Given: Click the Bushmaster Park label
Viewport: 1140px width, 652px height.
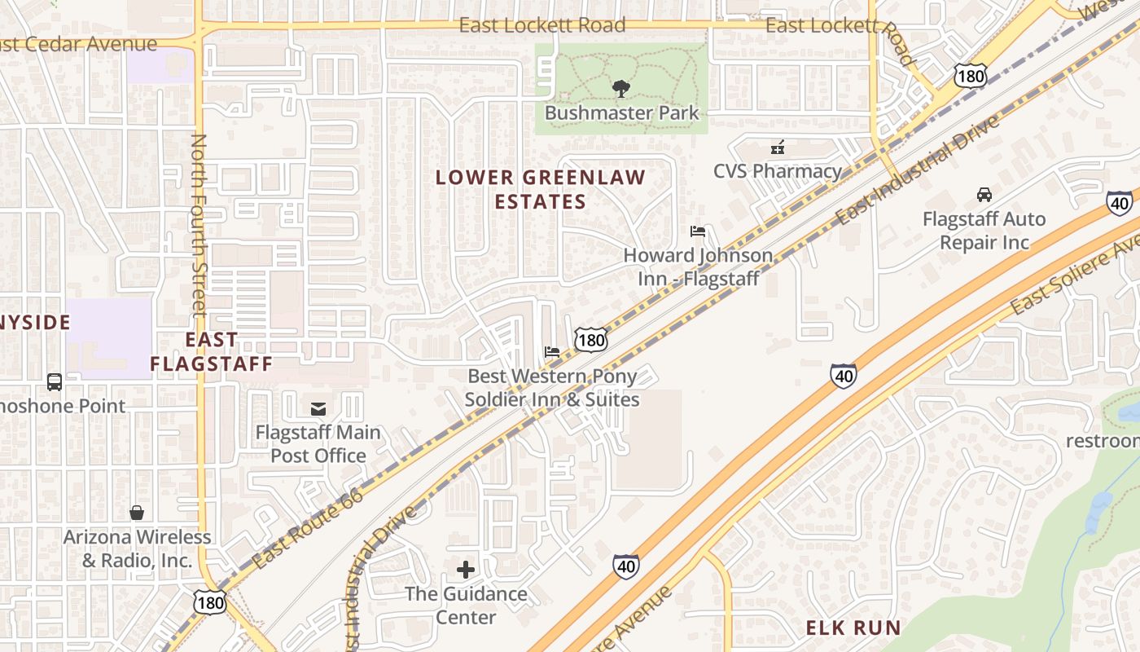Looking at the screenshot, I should coord(621,112).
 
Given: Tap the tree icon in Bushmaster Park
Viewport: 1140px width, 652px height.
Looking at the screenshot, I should coord(620,88).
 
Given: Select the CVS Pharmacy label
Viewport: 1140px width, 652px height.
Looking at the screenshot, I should coord(777,171).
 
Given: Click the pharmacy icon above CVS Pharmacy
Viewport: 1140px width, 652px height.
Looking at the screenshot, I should coord(778,148).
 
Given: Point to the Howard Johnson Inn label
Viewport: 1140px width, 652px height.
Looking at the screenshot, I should coord(698,267).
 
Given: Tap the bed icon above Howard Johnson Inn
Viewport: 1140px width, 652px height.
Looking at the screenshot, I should coord(697,231).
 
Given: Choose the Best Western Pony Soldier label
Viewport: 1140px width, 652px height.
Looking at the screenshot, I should coord(551,388).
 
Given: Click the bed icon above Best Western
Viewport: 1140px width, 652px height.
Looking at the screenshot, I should coord(552,352).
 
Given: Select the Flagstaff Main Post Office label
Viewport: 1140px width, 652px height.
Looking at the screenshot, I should coord(318,443).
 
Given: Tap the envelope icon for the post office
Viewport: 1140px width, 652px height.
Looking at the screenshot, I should coord(318,408).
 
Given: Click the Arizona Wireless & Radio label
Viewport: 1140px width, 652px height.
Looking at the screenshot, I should coord(137,548).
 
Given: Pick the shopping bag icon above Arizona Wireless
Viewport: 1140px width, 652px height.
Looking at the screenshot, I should coord(137,513).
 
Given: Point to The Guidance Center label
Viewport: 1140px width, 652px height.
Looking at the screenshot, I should coord(466,605).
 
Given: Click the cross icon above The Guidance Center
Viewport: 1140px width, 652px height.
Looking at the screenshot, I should coord(466,569).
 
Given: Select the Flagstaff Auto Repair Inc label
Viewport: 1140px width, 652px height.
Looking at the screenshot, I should coord(984,231).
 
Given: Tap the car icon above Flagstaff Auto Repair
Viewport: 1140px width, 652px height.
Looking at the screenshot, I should coord(984,195).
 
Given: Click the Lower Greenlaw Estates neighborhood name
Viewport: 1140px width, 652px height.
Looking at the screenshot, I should coord(540,189).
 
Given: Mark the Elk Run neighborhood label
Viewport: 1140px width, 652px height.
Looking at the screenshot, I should coord(853,628).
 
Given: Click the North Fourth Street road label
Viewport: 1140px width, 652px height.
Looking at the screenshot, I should coord(199,224).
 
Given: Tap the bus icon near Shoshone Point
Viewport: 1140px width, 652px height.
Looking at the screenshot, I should coord(55,381).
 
